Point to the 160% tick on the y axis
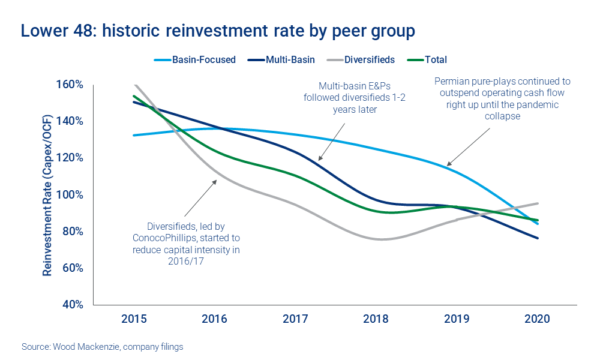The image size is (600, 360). coord(70,84)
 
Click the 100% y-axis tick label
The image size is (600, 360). coord(70,194)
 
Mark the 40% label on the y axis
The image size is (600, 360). coord(72,304)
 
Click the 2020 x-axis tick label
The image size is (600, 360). coord(537,319)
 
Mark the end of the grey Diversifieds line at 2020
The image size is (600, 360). coord(537,203)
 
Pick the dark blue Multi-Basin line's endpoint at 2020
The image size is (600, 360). coord(537,238)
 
